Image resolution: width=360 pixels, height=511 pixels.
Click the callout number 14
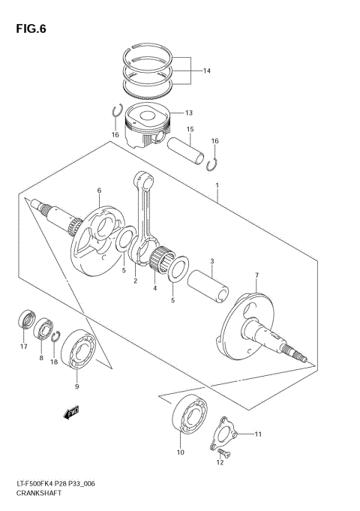(206, 72)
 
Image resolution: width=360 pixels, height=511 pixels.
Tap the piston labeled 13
(153, 124)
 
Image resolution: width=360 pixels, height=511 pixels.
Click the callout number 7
(256, 275)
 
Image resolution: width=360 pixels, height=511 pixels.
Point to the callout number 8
(41, 359)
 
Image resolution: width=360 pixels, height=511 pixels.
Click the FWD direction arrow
(72, 412)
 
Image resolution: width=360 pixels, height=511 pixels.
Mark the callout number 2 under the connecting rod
(135, 281)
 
